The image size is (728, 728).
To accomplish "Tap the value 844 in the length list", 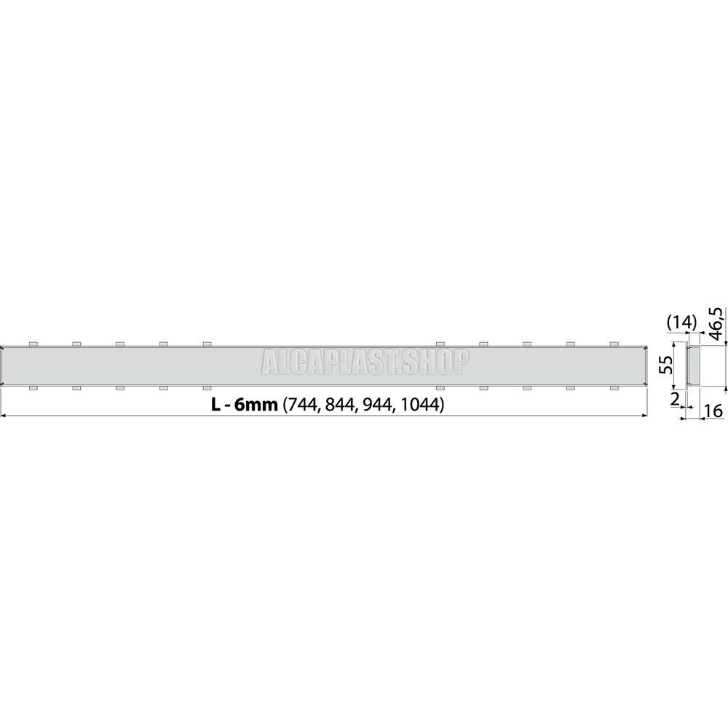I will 336,405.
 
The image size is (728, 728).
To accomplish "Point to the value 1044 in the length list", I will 415,405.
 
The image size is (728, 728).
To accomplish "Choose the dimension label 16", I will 713,412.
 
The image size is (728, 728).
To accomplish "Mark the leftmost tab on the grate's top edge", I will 32,343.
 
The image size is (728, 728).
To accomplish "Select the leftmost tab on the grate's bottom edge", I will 32,387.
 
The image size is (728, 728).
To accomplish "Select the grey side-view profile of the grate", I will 695,365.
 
